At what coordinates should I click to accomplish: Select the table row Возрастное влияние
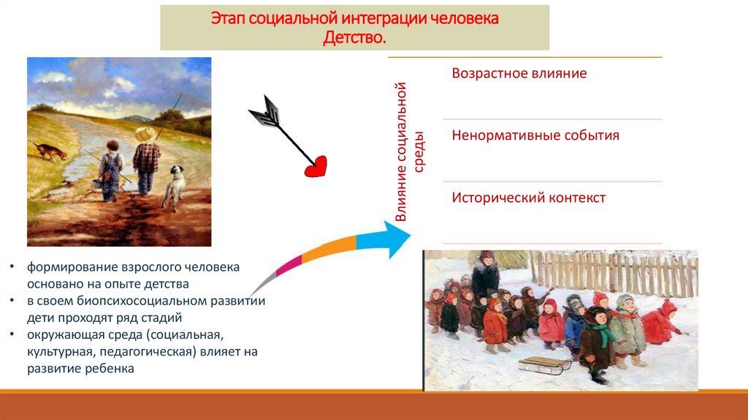[519, 74]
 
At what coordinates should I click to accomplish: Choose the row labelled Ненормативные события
[535, 135]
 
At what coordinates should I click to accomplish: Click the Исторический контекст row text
[528, 198]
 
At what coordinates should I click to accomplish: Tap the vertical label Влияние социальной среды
[409, 154]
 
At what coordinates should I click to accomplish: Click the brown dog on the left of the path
[50, 150]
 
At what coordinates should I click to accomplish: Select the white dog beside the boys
[174, 187]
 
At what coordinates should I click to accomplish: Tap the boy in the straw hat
[147, 157]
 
